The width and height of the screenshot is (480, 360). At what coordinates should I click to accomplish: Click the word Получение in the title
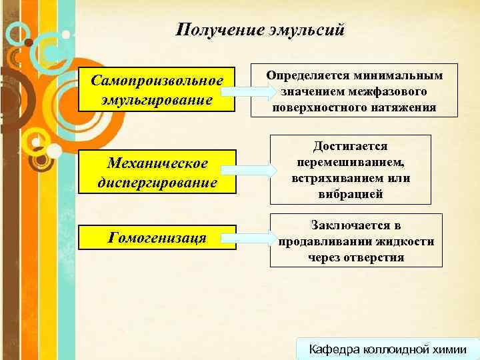[213, 29]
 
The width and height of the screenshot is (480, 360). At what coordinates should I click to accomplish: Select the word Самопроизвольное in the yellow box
[157, 81]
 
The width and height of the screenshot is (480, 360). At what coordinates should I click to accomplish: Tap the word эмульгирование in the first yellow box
[157, 101]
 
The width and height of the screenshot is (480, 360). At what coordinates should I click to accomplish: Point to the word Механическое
[157, 163]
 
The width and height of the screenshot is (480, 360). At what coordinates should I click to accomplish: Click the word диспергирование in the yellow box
[157, 182]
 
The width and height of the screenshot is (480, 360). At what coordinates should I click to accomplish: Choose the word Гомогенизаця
[157, 237]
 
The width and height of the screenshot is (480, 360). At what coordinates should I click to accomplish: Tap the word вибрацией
[351, 194]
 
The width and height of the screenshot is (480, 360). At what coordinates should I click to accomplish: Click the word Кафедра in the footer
[333, 349]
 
